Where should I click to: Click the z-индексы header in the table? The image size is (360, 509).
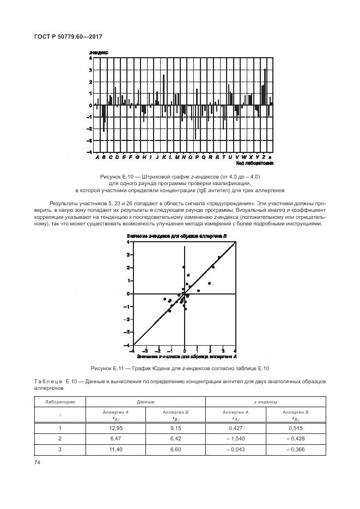(x=266, y=402)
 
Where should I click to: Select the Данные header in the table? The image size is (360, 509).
(x=147, y=402)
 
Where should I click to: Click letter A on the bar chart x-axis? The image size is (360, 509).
(x=97, y=157)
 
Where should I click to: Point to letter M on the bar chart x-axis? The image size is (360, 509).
(x=176, y=157)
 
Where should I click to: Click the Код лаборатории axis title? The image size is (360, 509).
(x=254, y=163)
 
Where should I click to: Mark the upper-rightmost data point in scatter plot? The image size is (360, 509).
(x=219, y=257)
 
